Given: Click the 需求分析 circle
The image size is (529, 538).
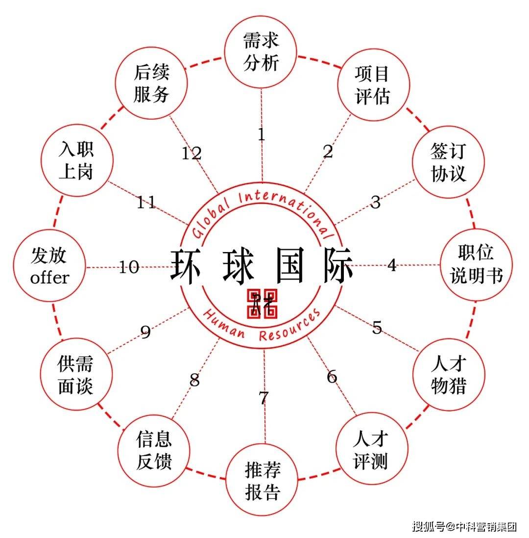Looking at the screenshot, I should (x=261, y=52).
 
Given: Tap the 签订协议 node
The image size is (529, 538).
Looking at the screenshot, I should (x=448, y=162).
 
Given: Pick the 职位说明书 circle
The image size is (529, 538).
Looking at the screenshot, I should (x=476, y=265).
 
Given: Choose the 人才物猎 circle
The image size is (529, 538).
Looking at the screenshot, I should (x=449, y=375).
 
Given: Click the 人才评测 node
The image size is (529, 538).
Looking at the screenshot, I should (x=371, y=450).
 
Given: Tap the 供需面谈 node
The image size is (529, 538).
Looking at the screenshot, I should (x=75, y=375).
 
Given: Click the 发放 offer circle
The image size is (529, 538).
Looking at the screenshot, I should (x=49, y=267).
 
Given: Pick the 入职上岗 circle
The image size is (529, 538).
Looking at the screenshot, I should (x=76, y=161).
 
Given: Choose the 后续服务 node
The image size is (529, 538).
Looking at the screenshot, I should (x=151, y=84).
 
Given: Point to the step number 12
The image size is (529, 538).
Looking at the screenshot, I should (x=192, y=154).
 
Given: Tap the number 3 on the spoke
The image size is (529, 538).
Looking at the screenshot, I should (x=376, y=202).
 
